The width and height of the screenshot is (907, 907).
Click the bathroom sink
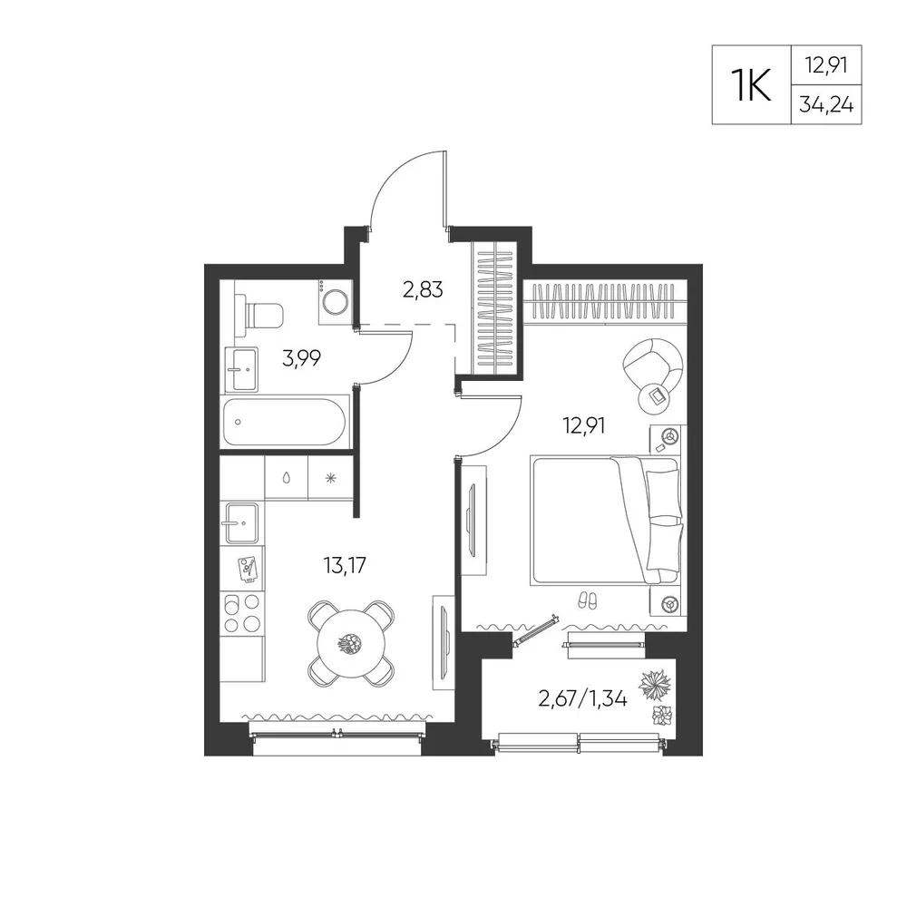241,369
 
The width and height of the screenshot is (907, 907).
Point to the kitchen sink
242,523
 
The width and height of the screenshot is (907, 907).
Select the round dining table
350,643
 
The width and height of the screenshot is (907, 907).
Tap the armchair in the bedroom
653,366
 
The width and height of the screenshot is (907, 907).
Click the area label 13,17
345,565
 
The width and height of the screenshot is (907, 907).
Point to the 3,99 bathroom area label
301,359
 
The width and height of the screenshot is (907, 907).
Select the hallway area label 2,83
423,290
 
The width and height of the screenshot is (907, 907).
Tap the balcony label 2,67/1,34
582,699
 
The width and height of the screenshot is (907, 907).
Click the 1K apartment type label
751,84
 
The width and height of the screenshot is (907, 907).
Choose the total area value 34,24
826,104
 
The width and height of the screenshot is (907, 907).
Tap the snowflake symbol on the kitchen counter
330,478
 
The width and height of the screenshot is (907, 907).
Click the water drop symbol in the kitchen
287,478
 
